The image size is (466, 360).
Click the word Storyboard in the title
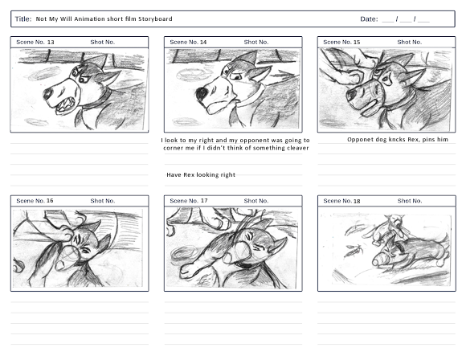pyautogui.click(x=155, y=19)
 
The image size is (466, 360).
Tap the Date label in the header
pyautogui.click(x=369, y=19)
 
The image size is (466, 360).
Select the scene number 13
pyautogui.click(x=51, y=42)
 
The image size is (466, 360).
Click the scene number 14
pyautogui.click(x=203, y=42)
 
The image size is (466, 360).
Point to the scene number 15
pyautogui.click(x=357, y=42)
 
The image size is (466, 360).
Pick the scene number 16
pyautogui.click(x=50, y=201)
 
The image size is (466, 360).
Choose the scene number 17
pyautogui.click(x=204, y=201)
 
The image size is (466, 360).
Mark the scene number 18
pyautogui.click(x=357, y=201)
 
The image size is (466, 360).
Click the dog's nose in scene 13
pyautogui.click(x=47, y=94)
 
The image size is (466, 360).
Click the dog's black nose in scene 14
pyautogui.click(x=202, y=93)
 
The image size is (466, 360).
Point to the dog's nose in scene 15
pyautogui.click(x=351, y=95)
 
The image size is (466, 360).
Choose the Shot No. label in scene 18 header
pyautogui.click(x=410, y=201)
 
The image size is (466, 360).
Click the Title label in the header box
pyautogui.click(x=23, y=19)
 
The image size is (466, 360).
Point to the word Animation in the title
pyautogui.click(x=89, y=19)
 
